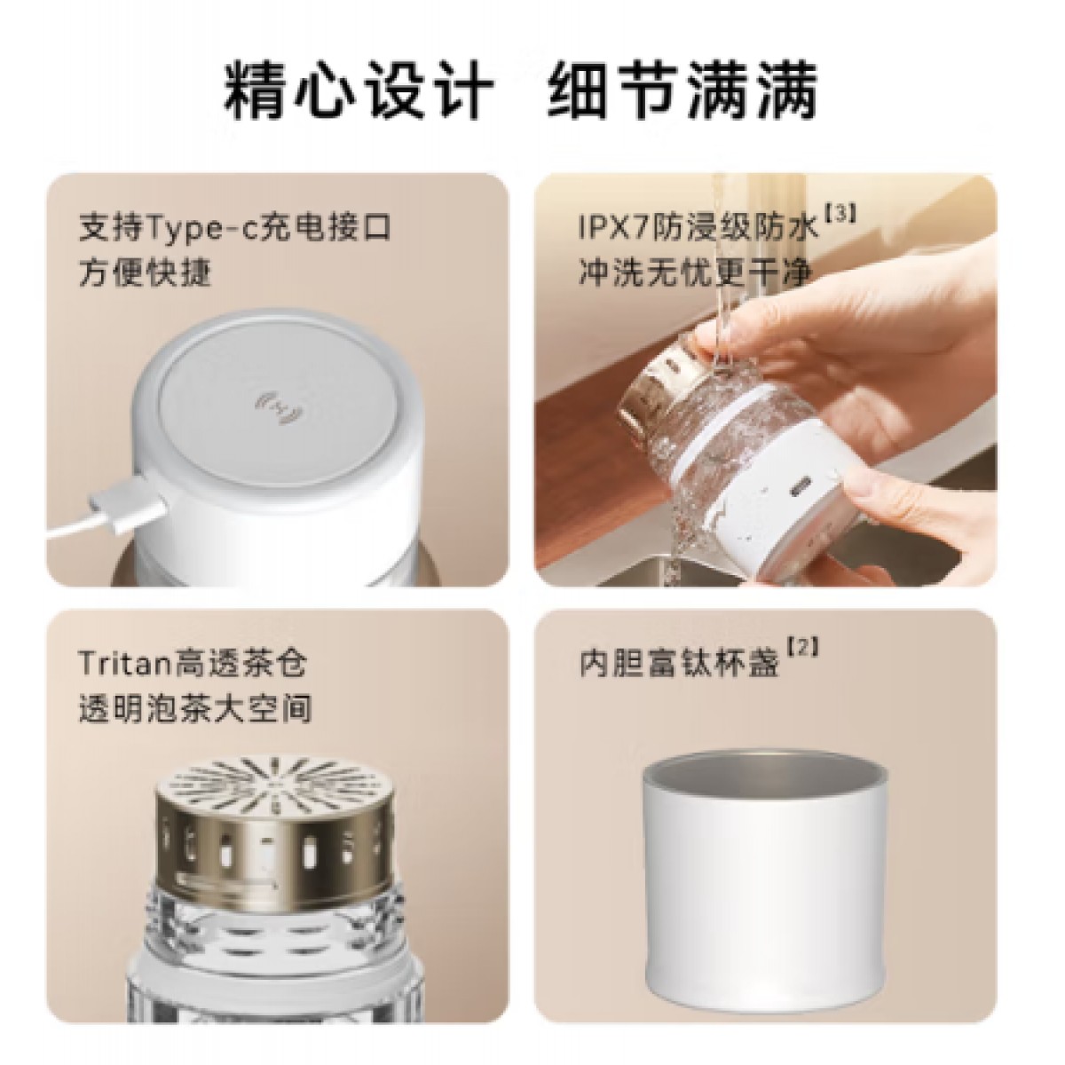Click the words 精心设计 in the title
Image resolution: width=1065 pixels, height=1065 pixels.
point(359,91)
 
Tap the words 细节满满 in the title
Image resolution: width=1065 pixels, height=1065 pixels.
point(683,91)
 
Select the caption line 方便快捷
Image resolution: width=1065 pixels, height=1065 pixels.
point(145,272)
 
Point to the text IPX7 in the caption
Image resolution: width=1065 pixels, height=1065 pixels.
point(614,227)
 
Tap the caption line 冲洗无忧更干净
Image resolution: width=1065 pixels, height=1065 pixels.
point(695,272)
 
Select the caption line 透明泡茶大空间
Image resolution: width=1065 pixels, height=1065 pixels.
point(195,708)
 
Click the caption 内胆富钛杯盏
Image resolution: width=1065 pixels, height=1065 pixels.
point(679,663)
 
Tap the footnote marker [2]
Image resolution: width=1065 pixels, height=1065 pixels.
point(801,647)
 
